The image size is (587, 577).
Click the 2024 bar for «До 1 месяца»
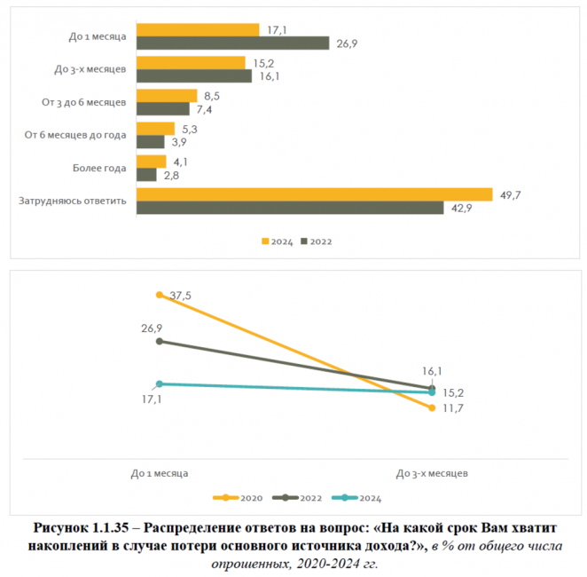click(198, 30)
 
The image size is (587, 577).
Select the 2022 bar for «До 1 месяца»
click(232, 43)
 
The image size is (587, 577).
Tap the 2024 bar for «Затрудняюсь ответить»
click(314, 194)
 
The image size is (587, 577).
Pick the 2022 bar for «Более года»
click(146, 175)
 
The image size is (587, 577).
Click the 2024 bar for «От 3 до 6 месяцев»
click(167, 96)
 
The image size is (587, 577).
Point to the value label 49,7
click(509, 194)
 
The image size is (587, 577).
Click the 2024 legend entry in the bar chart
click(277, 241)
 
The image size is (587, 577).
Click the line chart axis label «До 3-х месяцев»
click(432, 473)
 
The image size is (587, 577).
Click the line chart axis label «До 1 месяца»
click(160, 473)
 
